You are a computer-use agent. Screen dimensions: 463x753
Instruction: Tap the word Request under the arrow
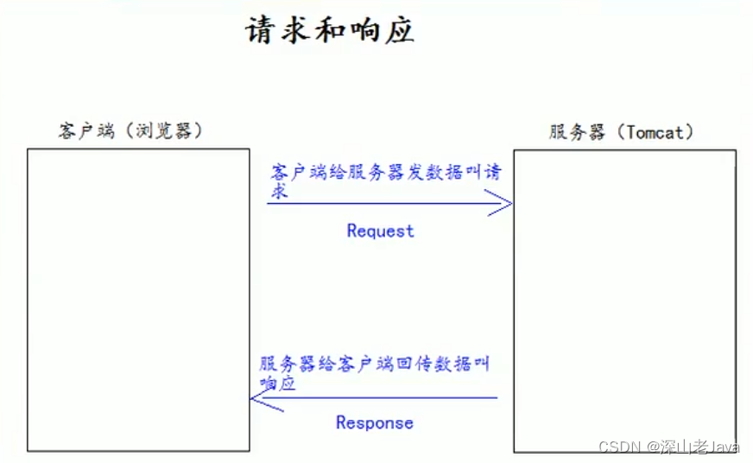point(380,231)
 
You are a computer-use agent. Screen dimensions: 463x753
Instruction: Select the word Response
point(374,422)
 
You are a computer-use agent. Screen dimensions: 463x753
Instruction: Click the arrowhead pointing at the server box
point(502,204)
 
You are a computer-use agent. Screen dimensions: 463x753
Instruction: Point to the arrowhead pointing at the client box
point(263,398)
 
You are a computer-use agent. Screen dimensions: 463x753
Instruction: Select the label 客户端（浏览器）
point(130,131)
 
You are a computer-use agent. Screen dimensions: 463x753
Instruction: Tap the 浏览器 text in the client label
point(167,131)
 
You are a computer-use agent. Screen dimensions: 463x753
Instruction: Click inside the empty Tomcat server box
point(624,301)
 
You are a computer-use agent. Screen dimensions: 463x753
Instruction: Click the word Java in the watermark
point(725,447)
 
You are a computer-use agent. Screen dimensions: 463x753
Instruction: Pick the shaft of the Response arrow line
point(380,398)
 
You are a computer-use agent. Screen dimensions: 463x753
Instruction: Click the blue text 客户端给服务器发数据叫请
point(385,172)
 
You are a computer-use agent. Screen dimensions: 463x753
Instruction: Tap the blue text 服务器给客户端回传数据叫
point(374,364)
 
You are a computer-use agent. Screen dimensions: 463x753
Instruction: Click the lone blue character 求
point(278,192)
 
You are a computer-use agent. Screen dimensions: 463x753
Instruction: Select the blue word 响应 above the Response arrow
point(277,384)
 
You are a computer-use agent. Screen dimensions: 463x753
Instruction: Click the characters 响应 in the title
point(382,30)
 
